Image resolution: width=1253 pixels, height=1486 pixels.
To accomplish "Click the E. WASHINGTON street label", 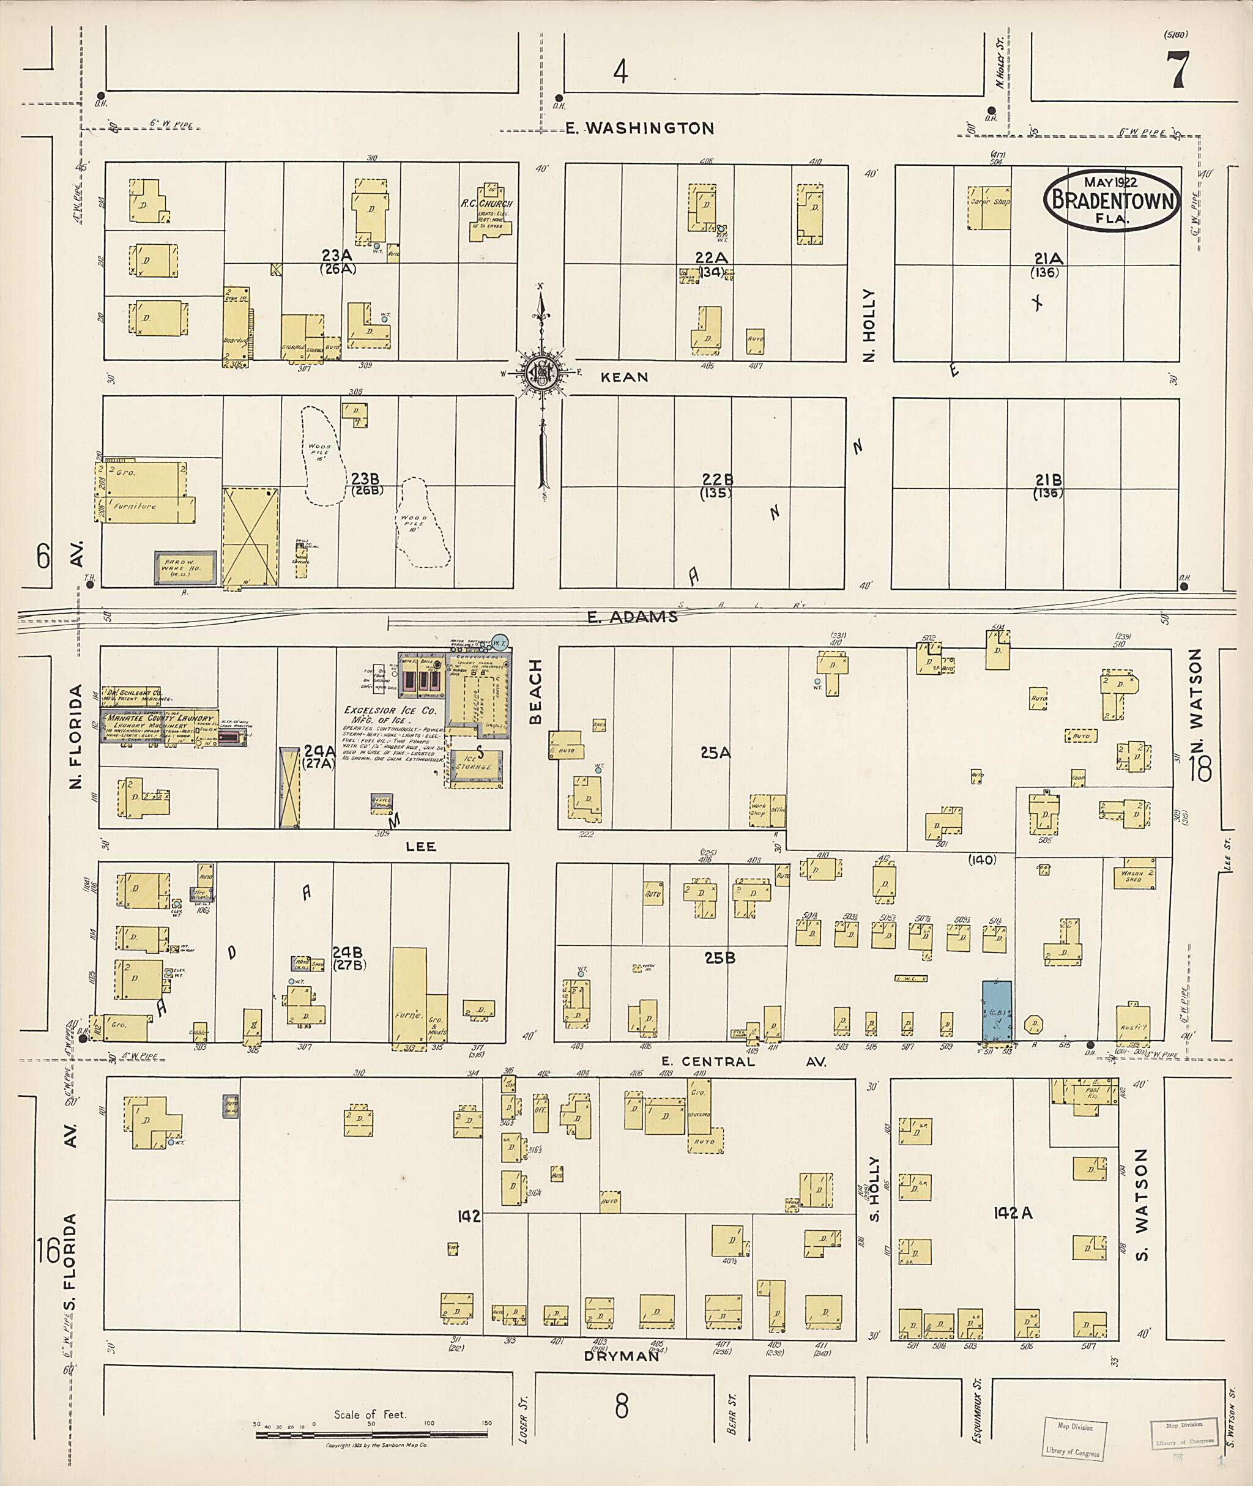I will click(639, 128).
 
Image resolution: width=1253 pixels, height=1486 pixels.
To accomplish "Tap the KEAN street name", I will click(625, 377).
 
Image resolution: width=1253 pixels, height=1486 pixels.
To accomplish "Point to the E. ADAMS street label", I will click(632, 617).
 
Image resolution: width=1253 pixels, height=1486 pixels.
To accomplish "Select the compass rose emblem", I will click(542, 371).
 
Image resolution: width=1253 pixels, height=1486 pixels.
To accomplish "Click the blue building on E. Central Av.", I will click(997, 1012).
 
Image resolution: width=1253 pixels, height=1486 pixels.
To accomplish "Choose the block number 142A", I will click(1013, 1214).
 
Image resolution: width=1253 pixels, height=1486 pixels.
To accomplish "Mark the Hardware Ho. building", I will click(185, 568).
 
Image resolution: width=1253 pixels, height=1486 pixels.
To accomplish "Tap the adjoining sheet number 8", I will click(622, 1406).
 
